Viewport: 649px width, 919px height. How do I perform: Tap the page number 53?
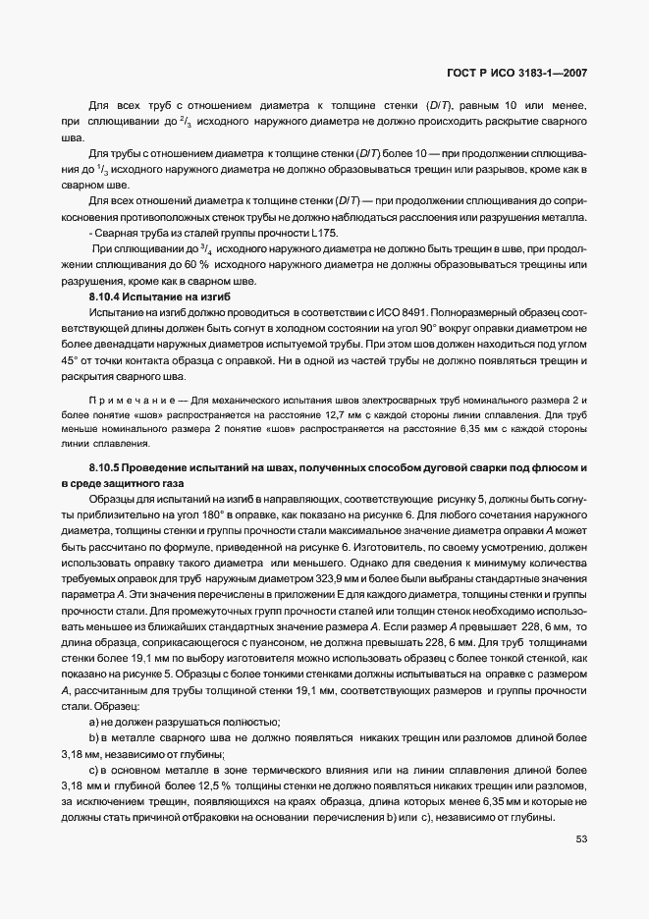tap(581, 838)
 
